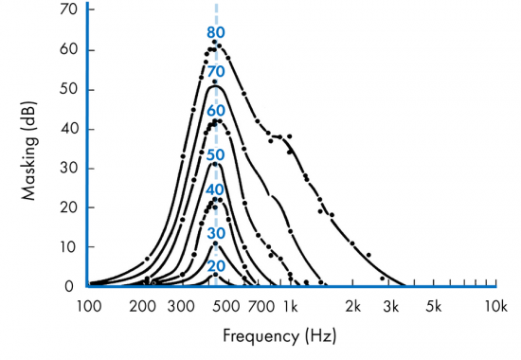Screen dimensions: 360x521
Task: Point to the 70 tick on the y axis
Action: [68, 10]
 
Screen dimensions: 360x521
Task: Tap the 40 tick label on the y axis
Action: [68, 129]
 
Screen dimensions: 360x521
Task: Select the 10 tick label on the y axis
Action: [68, 246]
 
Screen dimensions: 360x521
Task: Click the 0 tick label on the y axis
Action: [72, 285]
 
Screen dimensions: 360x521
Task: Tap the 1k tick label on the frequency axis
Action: [290, 305]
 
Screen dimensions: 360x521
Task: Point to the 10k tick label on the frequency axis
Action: [494, 305]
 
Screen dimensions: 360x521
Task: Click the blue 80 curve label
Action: [216, 33]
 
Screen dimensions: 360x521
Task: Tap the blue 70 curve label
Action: [216, 72]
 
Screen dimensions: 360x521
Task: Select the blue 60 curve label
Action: [216, 111]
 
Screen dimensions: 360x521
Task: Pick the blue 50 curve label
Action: [216, 154]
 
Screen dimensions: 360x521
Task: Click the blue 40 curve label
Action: [216, 189]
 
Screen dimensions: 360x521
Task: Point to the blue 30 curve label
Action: [216, 233]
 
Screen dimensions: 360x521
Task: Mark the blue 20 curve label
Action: [216, 266]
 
